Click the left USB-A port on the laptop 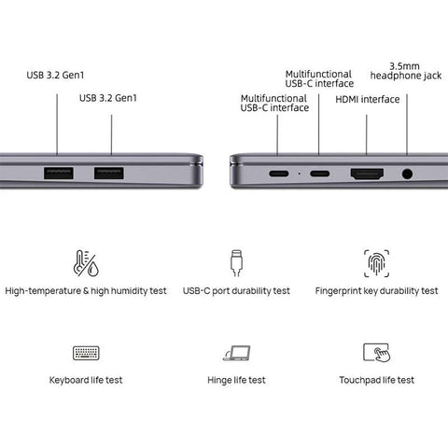pyautogui.click(x=59, y=173)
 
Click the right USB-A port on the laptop pyautogui.click(x=109, y=173)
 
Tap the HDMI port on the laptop pyautogui.click(x=367, y=174)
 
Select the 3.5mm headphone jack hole pyautogui.click(x=407, y=174)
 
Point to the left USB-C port pyautogui.click(x=278, y=174)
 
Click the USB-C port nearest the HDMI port pyautogui.click(x=319, y=174)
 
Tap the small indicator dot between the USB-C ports pyautogui.click(x=300, y=174)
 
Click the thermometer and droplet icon pyautogui.click(x=86, y=263)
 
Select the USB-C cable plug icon pyautogui.click(x=236, y=263)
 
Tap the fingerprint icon pyautogui.click(x=376, y=263)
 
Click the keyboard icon pyautogui.click(x=86, y=353)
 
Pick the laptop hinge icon pyautogui.click(x=237, y=353)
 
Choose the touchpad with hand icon pyautogui.click(x=376, y=353)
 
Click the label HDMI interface pyautogui.click(x=368, y=99)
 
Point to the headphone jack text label pyautogui.click(x=406, y=71)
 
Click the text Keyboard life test pyautogui.click(x=86, y=380)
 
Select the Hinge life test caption pyautogui.click(x=236, y=380)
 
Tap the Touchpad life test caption pyautogui.click(x=377, y=380)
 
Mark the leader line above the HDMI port pyautogui.click(x=367, y=134)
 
